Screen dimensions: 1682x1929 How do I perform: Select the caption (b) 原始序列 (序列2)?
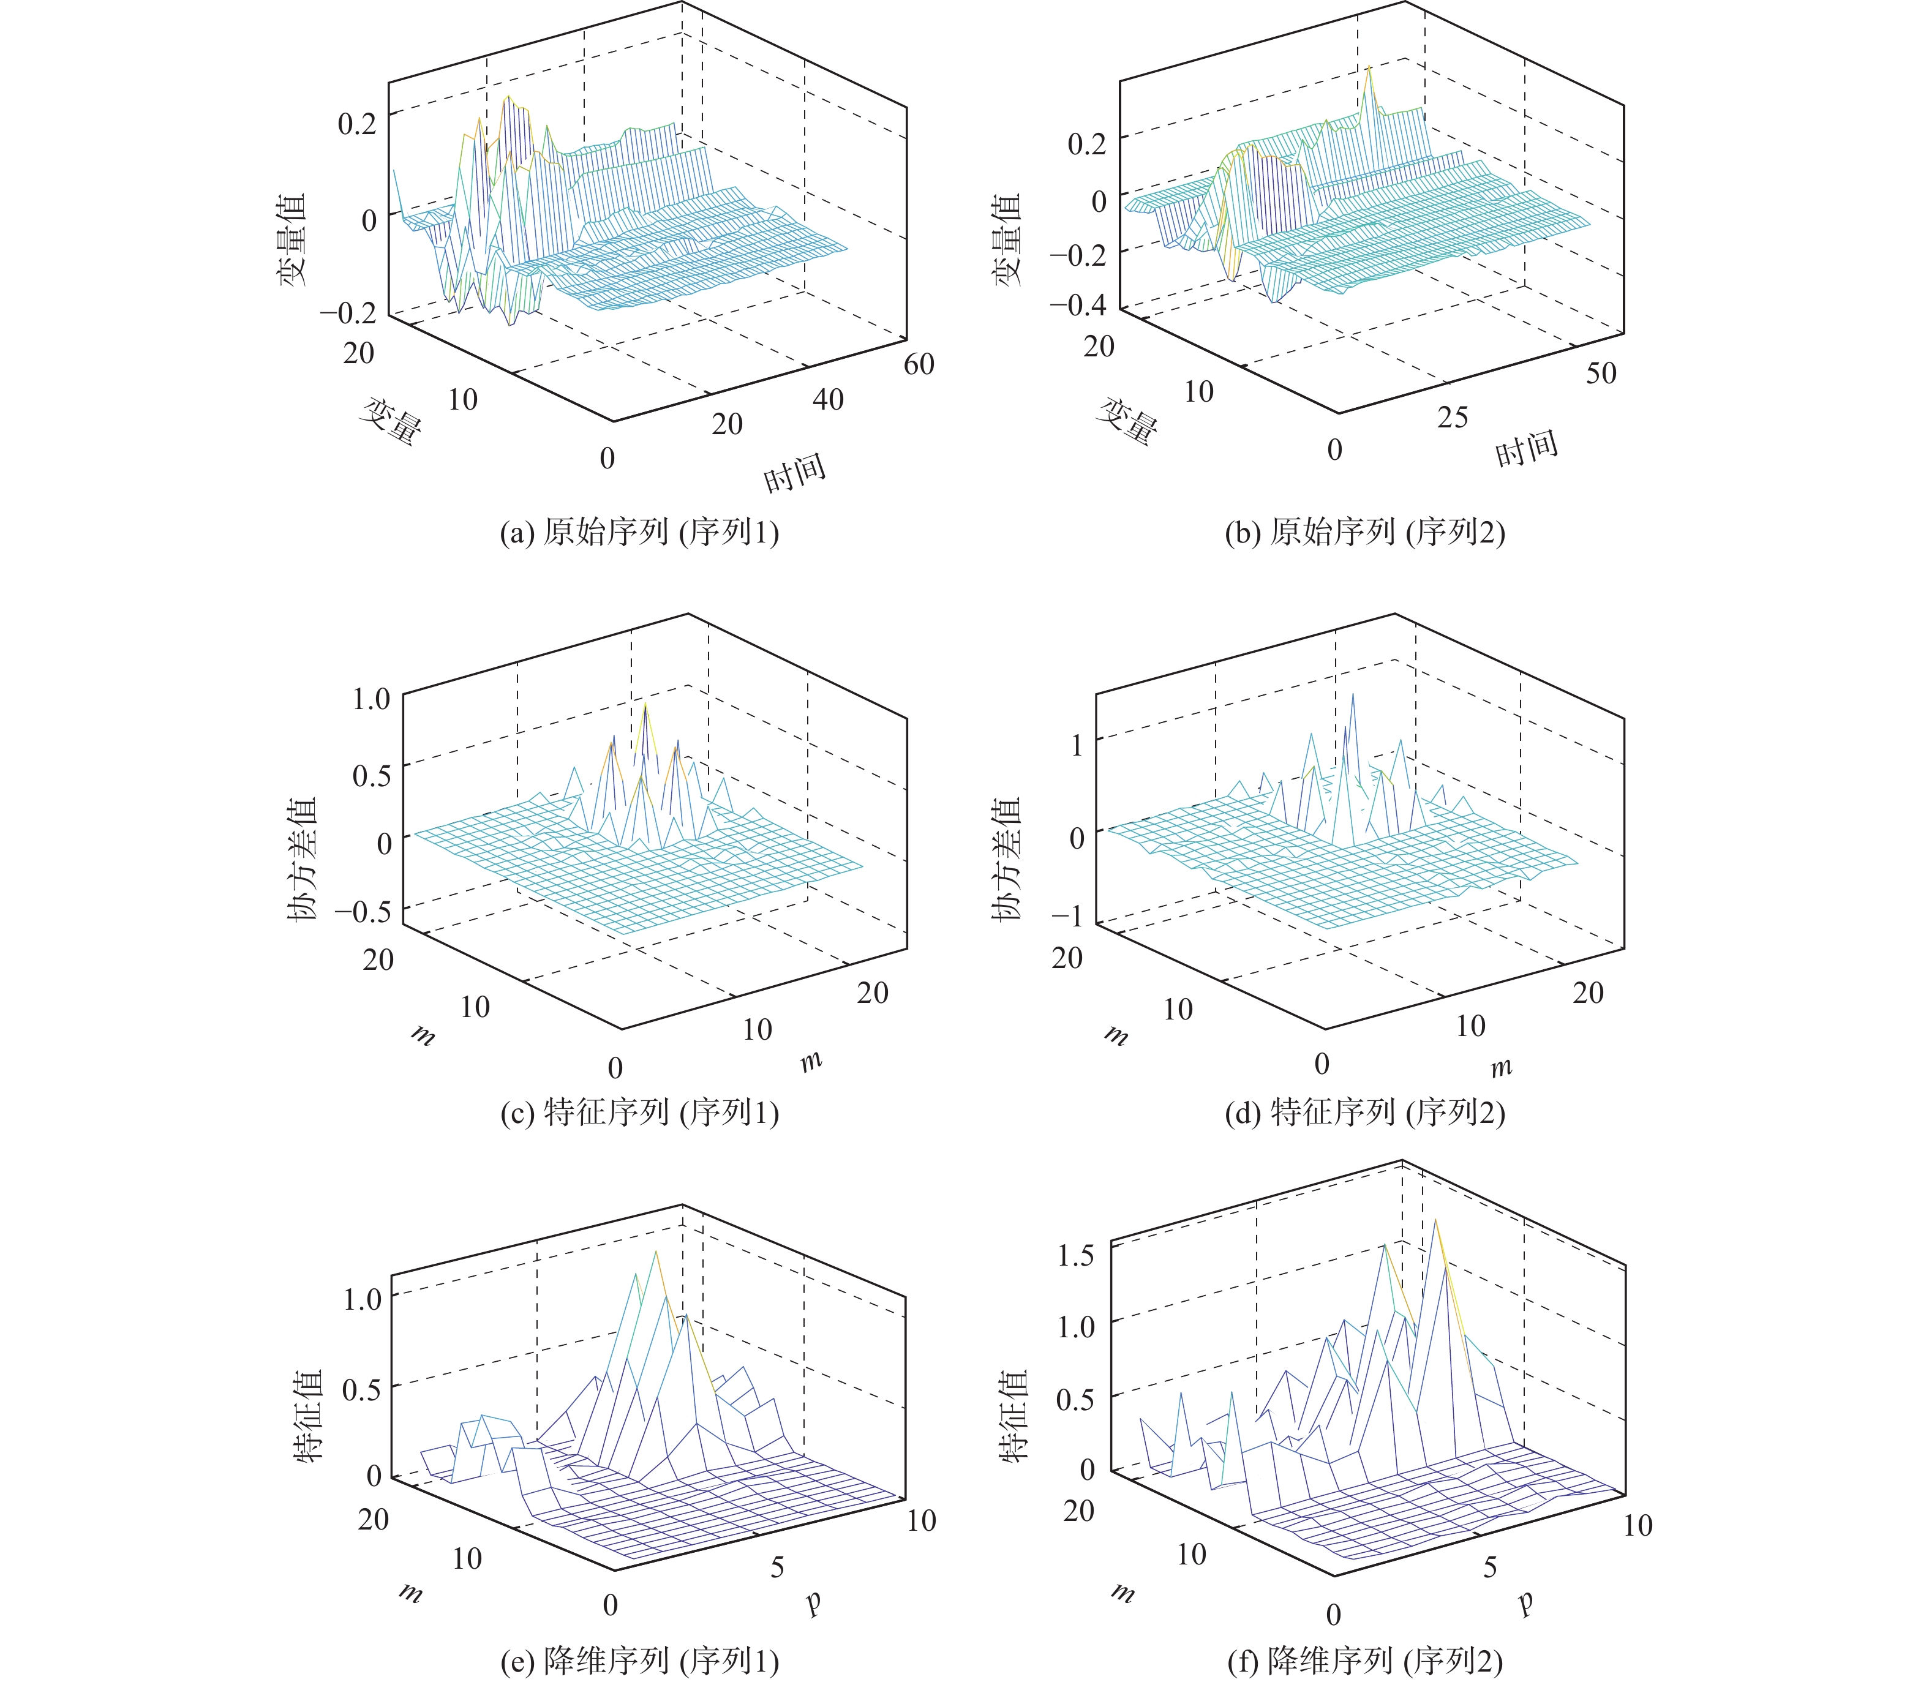tap(1365, 532)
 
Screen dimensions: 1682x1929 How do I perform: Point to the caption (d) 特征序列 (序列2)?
tap(1365, 1113)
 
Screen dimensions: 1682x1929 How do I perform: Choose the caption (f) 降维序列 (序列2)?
tap(1365, 1661)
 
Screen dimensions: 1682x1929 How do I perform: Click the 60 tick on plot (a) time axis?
tap(918, 364)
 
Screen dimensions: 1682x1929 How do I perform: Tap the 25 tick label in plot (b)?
tap(1452, 418)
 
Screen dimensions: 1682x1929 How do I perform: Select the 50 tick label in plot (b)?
tap(1601, 374)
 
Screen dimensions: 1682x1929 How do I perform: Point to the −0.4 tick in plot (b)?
tap(1078, 305)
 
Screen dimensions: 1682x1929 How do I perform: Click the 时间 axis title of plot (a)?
tap(794, 472)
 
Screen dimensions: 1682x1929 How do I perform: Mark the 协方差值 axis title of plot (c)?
tap(303, 859)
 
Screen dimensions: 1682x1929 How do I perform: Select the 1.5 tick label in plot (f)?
tap(1076, 1254)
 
